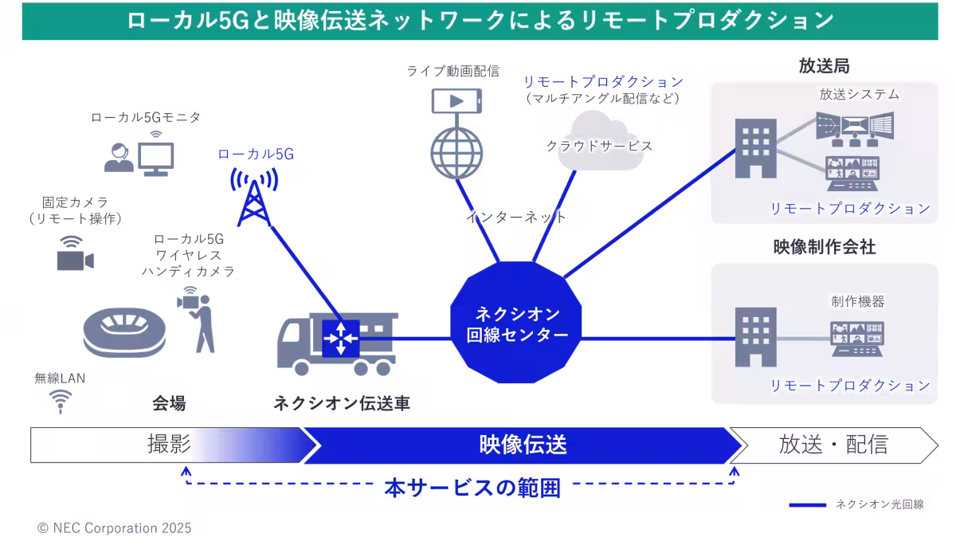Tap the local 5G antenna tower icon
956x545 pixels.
[x=254, y=195]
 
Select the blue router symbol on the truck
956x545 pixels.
[x=341, y=338]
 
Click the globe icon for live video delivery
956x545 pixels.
[x=457, y=151]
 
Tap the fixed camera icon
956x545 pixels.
[x=75, y=257]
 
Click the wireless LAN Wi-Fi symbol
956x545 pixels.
[x=59, y=401]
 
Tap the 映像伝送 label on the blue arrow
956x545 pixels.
[x=523, y=445]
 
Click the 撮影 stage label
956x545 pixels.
[x=169, y=445]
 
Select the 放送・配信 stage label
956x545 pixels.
[x=833, y=445]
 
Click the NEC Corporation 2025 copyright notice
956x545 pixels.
[x=114, y=528]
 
